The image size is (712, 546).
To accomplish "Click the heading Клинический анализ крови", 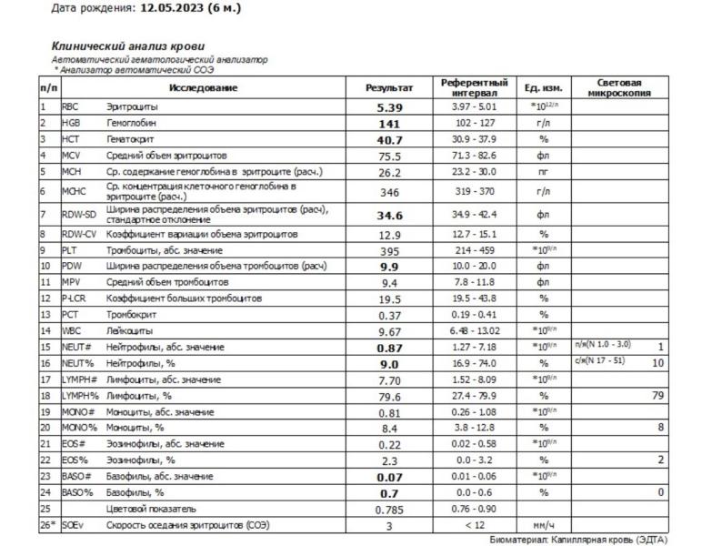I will point(127,45).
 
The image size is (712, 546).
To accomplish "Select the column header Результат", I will point(388,88).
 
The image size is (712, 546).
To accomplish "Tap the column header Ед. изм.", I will point(545,88).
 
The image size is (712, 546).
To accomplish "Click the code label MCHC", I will point(75,191).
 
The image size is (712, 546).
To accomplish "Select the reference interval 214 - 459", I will point(474,250).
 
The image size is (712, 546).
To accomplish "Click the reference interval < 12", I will point(474,524).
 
